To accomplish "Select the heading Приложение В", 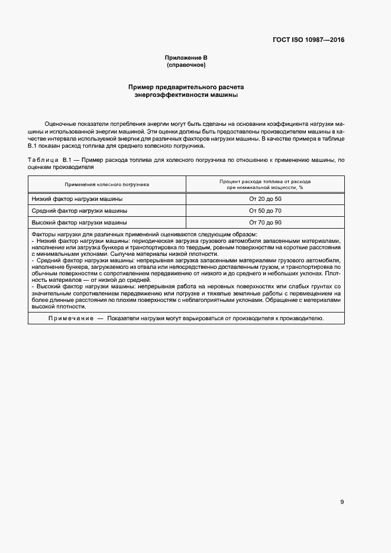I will [186, 57].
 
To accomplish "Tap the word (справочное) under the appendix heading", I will [186, 64].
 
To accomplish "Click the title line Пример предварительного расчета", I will [186, 87].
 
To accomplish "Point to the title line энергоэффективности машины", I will [186, 95].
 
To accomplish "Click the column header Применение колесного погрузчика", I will [107, 184].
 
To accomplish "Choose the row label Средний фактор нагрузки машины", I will [79, 211].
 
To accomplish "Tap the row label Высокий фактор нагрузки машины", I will [79, 223].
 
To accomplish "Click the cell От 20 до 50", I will [265, 199].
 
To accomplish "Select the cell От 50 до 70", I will [265, 211].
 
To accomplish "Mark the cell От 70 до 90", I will [265, 223].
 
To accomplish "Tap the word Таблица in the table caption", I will [43, 161].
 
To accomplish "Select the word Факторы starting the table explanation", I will [43, 235].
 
